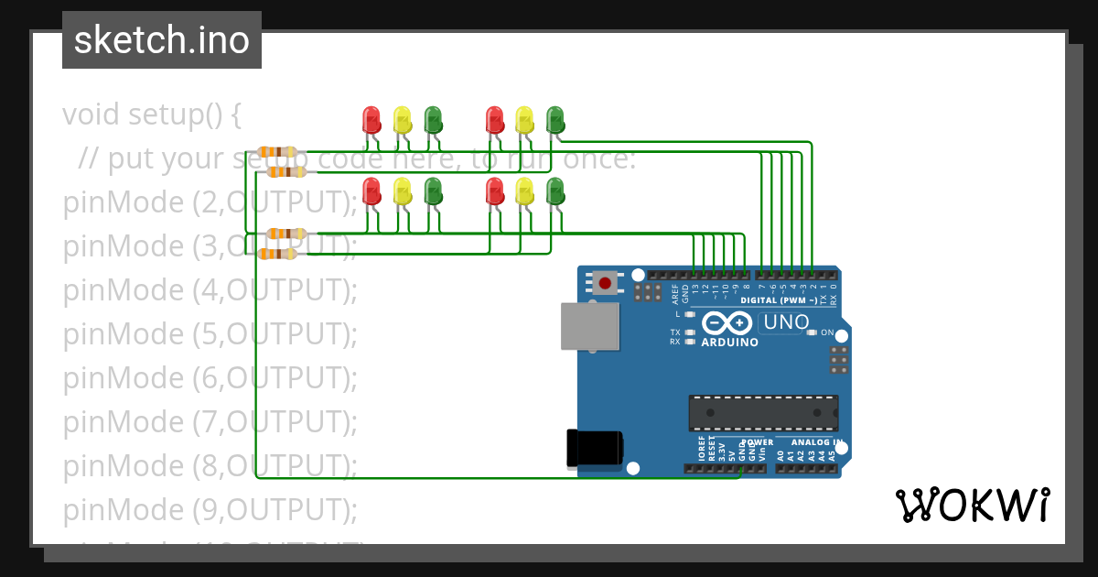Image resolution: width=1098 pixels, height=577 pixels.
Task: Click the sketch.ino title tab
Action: [x=162, y=40]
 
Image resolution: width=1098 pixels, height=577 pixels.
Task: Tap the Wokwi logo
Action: [x=972, y=505]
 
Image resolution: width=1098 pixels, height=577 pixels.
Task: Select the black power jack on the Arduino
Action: [x=595, y=449]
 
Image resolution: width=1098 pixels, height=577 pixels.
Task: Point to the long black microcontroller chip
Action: [x=763, y=413]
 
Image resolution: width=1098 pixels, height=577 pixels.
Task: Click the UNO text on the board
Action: [x=786, y=322]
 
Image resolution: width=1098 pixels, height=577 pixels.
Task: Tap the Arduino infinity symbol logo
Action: [x=729, y=323]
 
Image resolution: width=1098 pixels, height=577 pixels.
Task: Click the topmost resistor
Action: [x=277, y=152]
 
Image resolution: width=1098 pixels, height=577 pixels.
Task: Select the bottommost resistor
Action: [x=277, y=254]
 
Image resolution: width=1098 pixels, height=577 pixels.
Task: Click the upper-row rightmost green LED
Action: [x=555, y=119]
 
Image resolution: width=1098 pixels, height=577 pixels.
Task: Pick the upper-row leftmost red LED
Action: [x=371, y=119]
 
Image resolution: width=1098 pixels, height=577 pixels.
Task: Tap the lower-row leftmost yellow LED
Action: [x=403, y=191]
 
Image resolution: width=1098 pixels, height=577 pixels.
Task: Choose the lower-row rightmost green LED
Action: [x=555, y=191]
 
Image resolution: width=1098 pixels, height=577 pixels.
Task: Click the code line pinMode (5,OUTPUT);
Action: [x=210, y=334]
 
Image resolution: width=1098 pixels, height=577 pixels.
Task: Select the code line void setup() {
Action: [x=152, y=115]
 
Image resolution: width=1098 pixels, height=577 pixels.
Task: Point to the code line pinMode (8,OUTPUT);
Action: [x=210, y=465]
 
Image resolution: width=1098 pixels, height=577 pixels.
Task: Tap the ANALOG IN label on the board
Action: [x=815, y=442]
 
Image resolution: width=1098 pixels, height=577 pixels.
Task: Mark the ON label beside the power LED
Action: [x=827, y=332]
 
